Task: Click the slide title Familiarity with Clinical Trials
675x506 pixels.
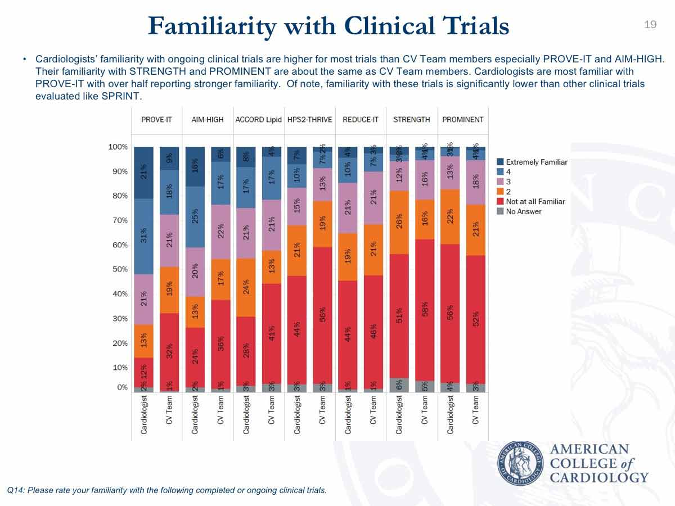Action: coord(328,26)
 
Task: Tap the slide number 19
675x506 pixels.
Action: coord(650,24)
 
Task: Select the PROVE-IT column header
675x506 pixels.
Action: coord(156,120)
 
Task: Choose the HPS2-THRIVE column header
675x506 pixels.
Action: coord(309,120)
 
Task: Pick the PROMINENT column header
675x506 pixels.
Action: coord(462,120)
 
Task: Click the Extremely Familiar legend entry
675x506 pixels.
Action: coord(537,162)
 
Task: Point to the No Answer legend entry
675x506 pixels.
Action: coord(524,211)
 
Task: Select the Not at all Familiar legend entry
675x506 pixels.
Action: coord(535,201)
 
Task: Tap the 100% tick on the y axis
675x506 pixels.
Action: coord(118,147)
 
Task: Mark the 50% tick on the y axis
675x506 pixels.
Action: coord(119,269)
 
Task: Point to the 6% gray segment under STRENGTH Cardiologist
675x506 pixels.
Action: coord(399,385)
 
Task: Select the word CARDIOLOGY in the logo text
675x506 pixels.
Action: coord(598,477)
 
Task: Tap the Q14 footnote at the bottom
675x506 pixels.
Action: coord(166,490)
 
